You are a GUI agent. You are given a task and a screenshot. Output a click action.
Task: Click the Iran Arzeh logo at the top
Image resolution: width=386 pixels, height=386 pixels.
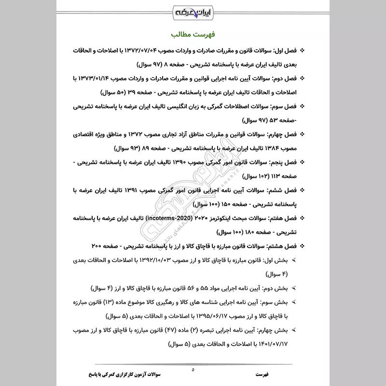pos(193,10)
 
